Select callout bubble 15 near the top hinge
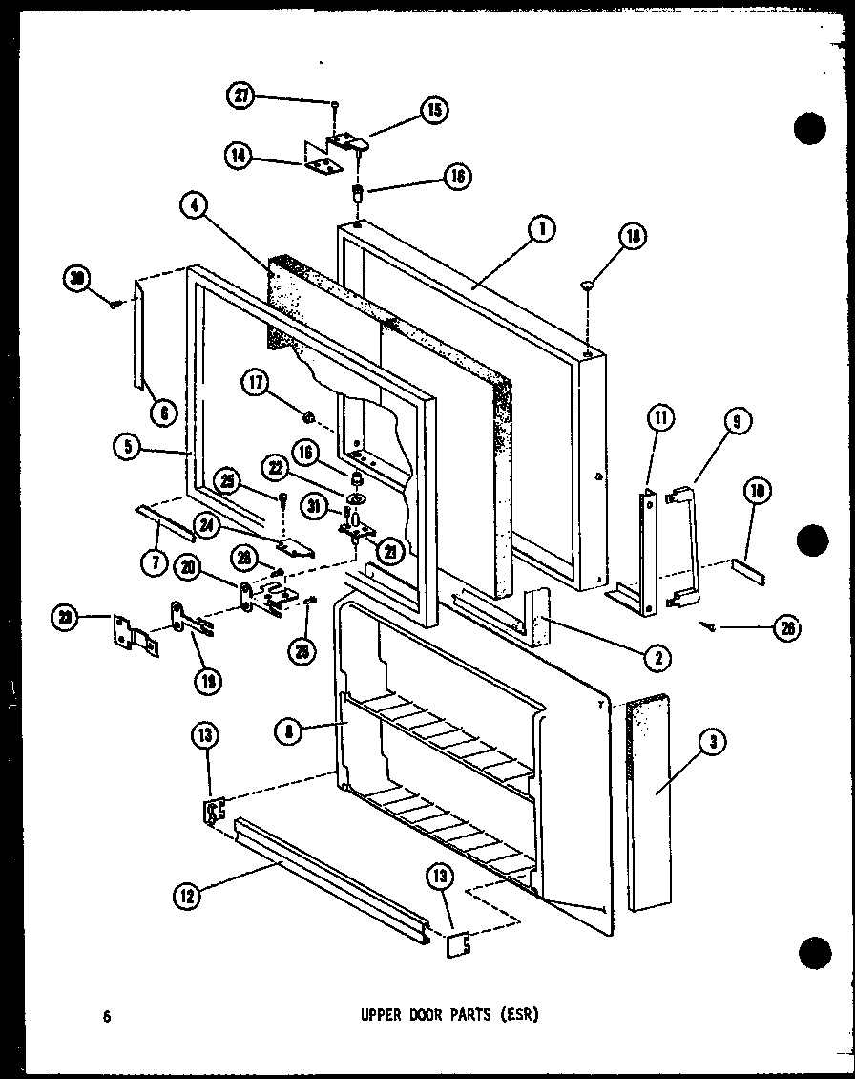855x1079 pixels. [433, 111]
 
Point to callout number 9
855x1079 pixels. [741, 420]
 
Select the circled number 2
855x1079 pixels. [657, 656]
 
